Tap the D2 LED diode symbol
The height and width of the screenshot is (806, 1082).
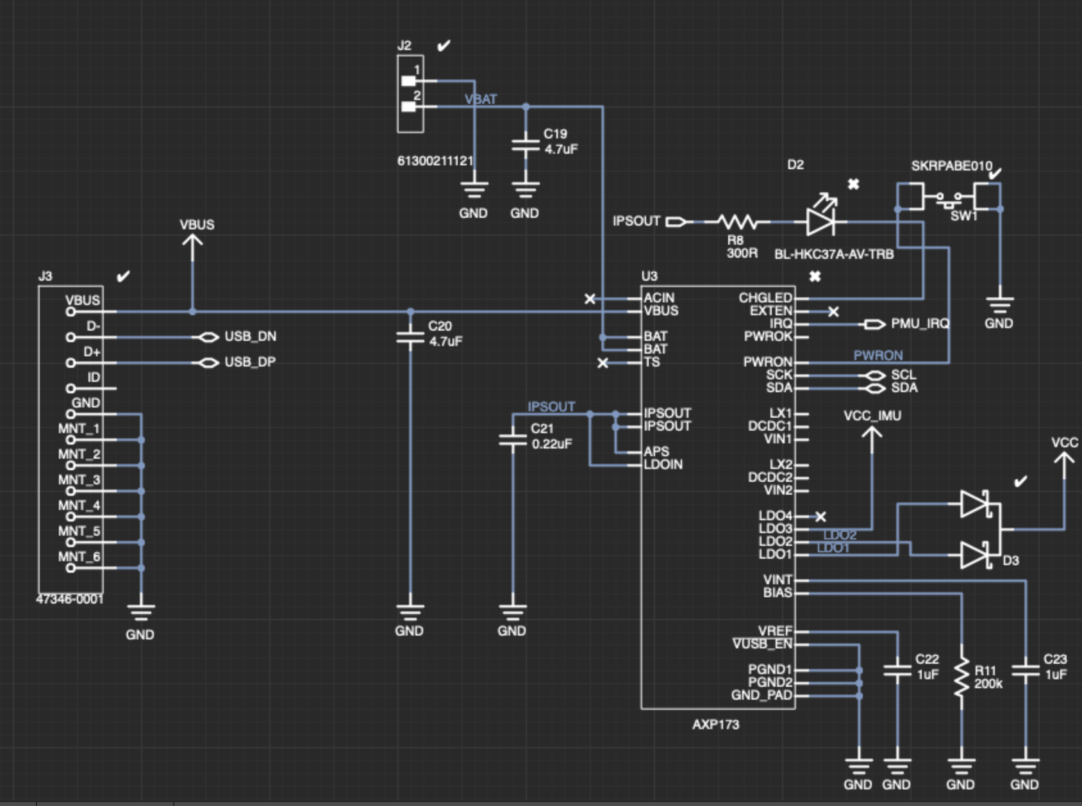(x=821, y=222)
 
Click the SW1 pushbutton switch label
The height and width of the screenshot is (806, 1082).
(x=963, y=216)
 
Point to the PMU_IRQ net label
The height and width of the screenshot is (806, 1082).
(x=919, y=324)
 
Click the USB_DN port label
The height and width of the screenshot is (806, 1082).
(x=250, y=336)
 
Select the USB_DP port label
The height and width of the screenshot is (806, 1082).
(x=250, y=362)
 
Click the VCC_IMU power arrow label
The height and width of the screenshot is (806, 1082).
(x=872, y=416)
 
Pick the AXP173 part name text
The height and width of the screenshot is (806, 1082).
(x=715, y=725)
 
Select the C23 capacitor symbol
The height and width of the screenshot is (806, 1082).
(x=1026, y=671)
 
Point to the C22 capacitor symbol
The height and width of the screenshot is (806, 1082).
(x=897, y=671)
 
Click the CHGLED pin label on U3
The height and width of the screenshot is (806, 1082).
(x=765, y=298)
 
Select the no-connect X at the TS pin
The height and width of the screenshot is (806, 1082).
(x=603, y=363)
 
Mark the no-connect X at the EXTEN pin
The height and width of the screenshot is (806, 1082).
(x=833, y=311)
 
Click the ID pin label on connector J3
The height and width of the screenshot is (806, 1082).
(x=94, y=377)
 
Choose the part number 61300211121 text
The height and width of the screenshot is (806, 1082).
(x=435, y=161)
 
